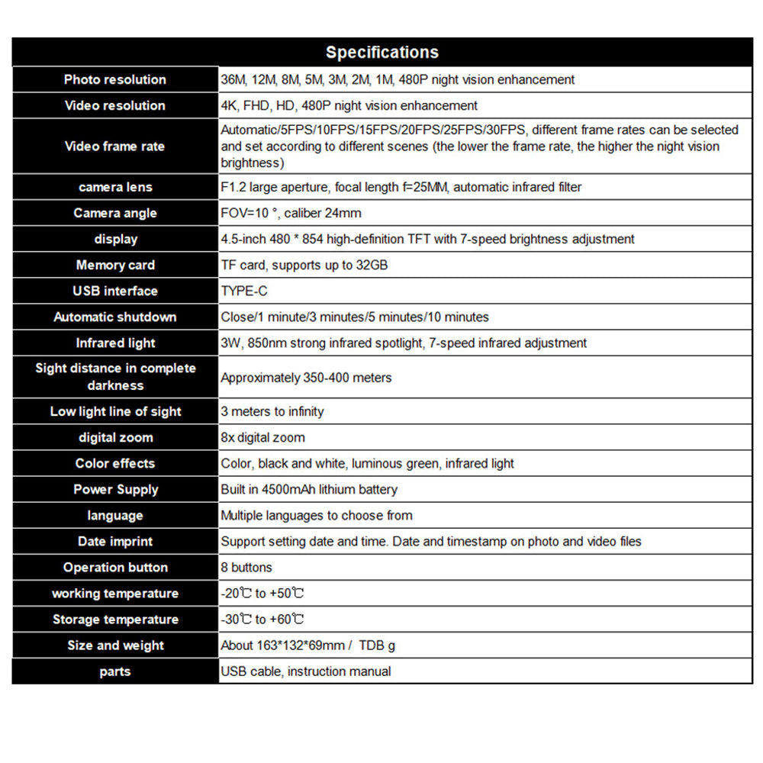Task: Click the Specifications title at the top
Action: click(x=381, y=53)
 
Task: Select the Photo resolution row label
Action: click(x=115, y=79)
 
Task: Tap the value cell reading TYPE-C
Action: click(x=244, y=291)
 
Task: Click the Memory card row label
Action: click(x=115, y=265)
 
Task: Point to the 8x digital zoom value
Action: click(x=262, y=437)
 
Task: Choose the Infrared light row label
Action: click(x=115, y=343)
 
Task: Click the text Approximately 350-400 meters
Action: click(x=306, y=378)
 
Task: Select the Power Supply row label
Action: click(x=115, y=489)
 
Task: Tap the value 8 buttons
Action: click(x=246, y=567)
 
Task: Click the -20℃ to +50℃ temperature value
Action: click(x=262, y=593)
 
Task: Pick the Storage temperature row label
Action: click(x=115, y=619)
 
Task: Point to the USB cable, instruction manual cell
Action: click(x=305, y=671)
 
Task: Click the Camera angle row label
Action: click(x=115, y=213)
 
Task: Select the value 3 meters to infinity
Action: click(x=272, y=411)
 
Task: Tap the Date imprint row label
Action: click(x=115, y=541)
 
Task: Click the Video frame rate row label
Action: click(x=115, y=146)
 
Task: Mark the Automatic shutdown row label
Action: click(x=115, y=317)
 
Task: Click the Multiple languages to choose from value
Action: click(x=316, y=515)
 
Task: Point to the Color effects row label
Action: click(x=115, y=463)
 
